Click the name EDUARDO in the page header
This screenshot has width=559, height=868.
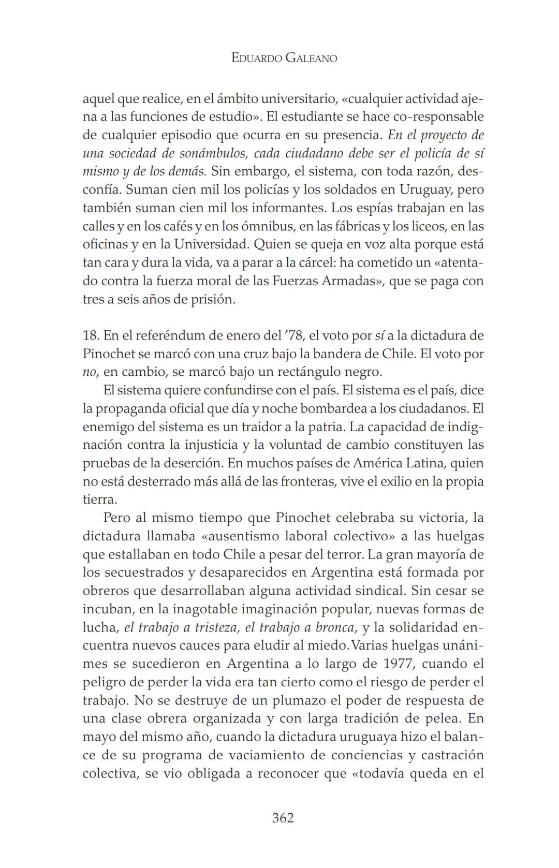(256, 58)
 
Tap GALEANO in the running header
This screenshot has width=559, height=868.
(311, 58)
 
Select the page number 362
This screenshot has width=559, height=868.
(283, 818)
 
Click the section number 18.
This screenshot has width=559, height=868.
(91, 335)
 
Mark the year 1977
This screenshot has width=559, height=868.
(401, 664)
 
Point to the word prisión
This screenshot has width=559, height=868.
(212, 299)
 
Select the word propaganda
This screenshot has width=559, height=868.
(132, 408)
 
